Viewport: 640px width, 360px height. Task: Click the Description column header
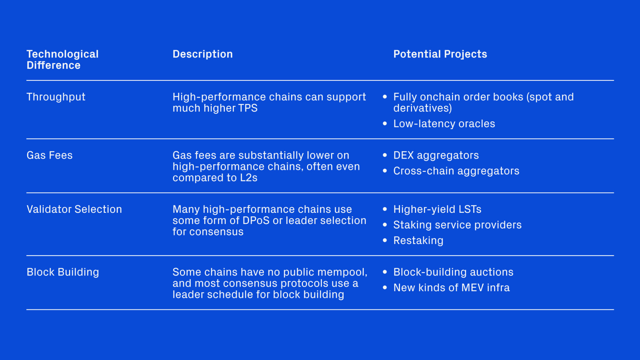tap(203, 54)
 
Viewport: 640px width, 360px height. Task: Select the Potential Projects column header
tap(440, 54)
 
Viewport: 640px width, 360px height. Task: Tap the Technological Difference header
tap(62, 60)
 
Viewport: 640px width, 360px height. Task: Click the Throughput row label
tap(56, 97)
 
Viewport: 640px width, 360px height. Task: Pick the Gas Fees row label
tap(50, 155)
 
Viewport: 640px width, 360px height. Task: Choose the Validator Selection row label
tap(74, 209)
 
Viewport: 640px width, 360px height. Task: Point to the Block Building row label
tap(63, 272)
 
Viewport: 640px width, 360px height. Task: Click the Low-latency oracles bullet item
tap(444, 124)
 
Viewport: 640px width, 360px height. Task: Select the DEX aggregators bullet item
tap(436, 155)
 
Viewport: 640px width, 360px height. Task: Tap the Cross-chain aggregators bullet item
tap(456, 171)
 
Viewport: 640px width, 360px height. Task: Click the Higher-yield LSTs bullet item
tap(437, 209)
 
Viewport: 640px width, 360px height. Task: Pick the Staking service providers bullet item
tap(458, 225)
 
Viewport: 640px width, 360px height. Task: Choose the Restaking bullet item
tap(418, 241)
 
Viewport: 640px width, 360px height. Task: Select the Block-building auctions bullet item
tap(453, 272)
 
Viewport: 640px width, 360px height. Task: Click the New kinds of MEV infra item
tap(452, 288)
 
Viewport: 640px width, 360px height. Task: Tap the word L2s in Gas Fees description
tap(249, 178)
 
